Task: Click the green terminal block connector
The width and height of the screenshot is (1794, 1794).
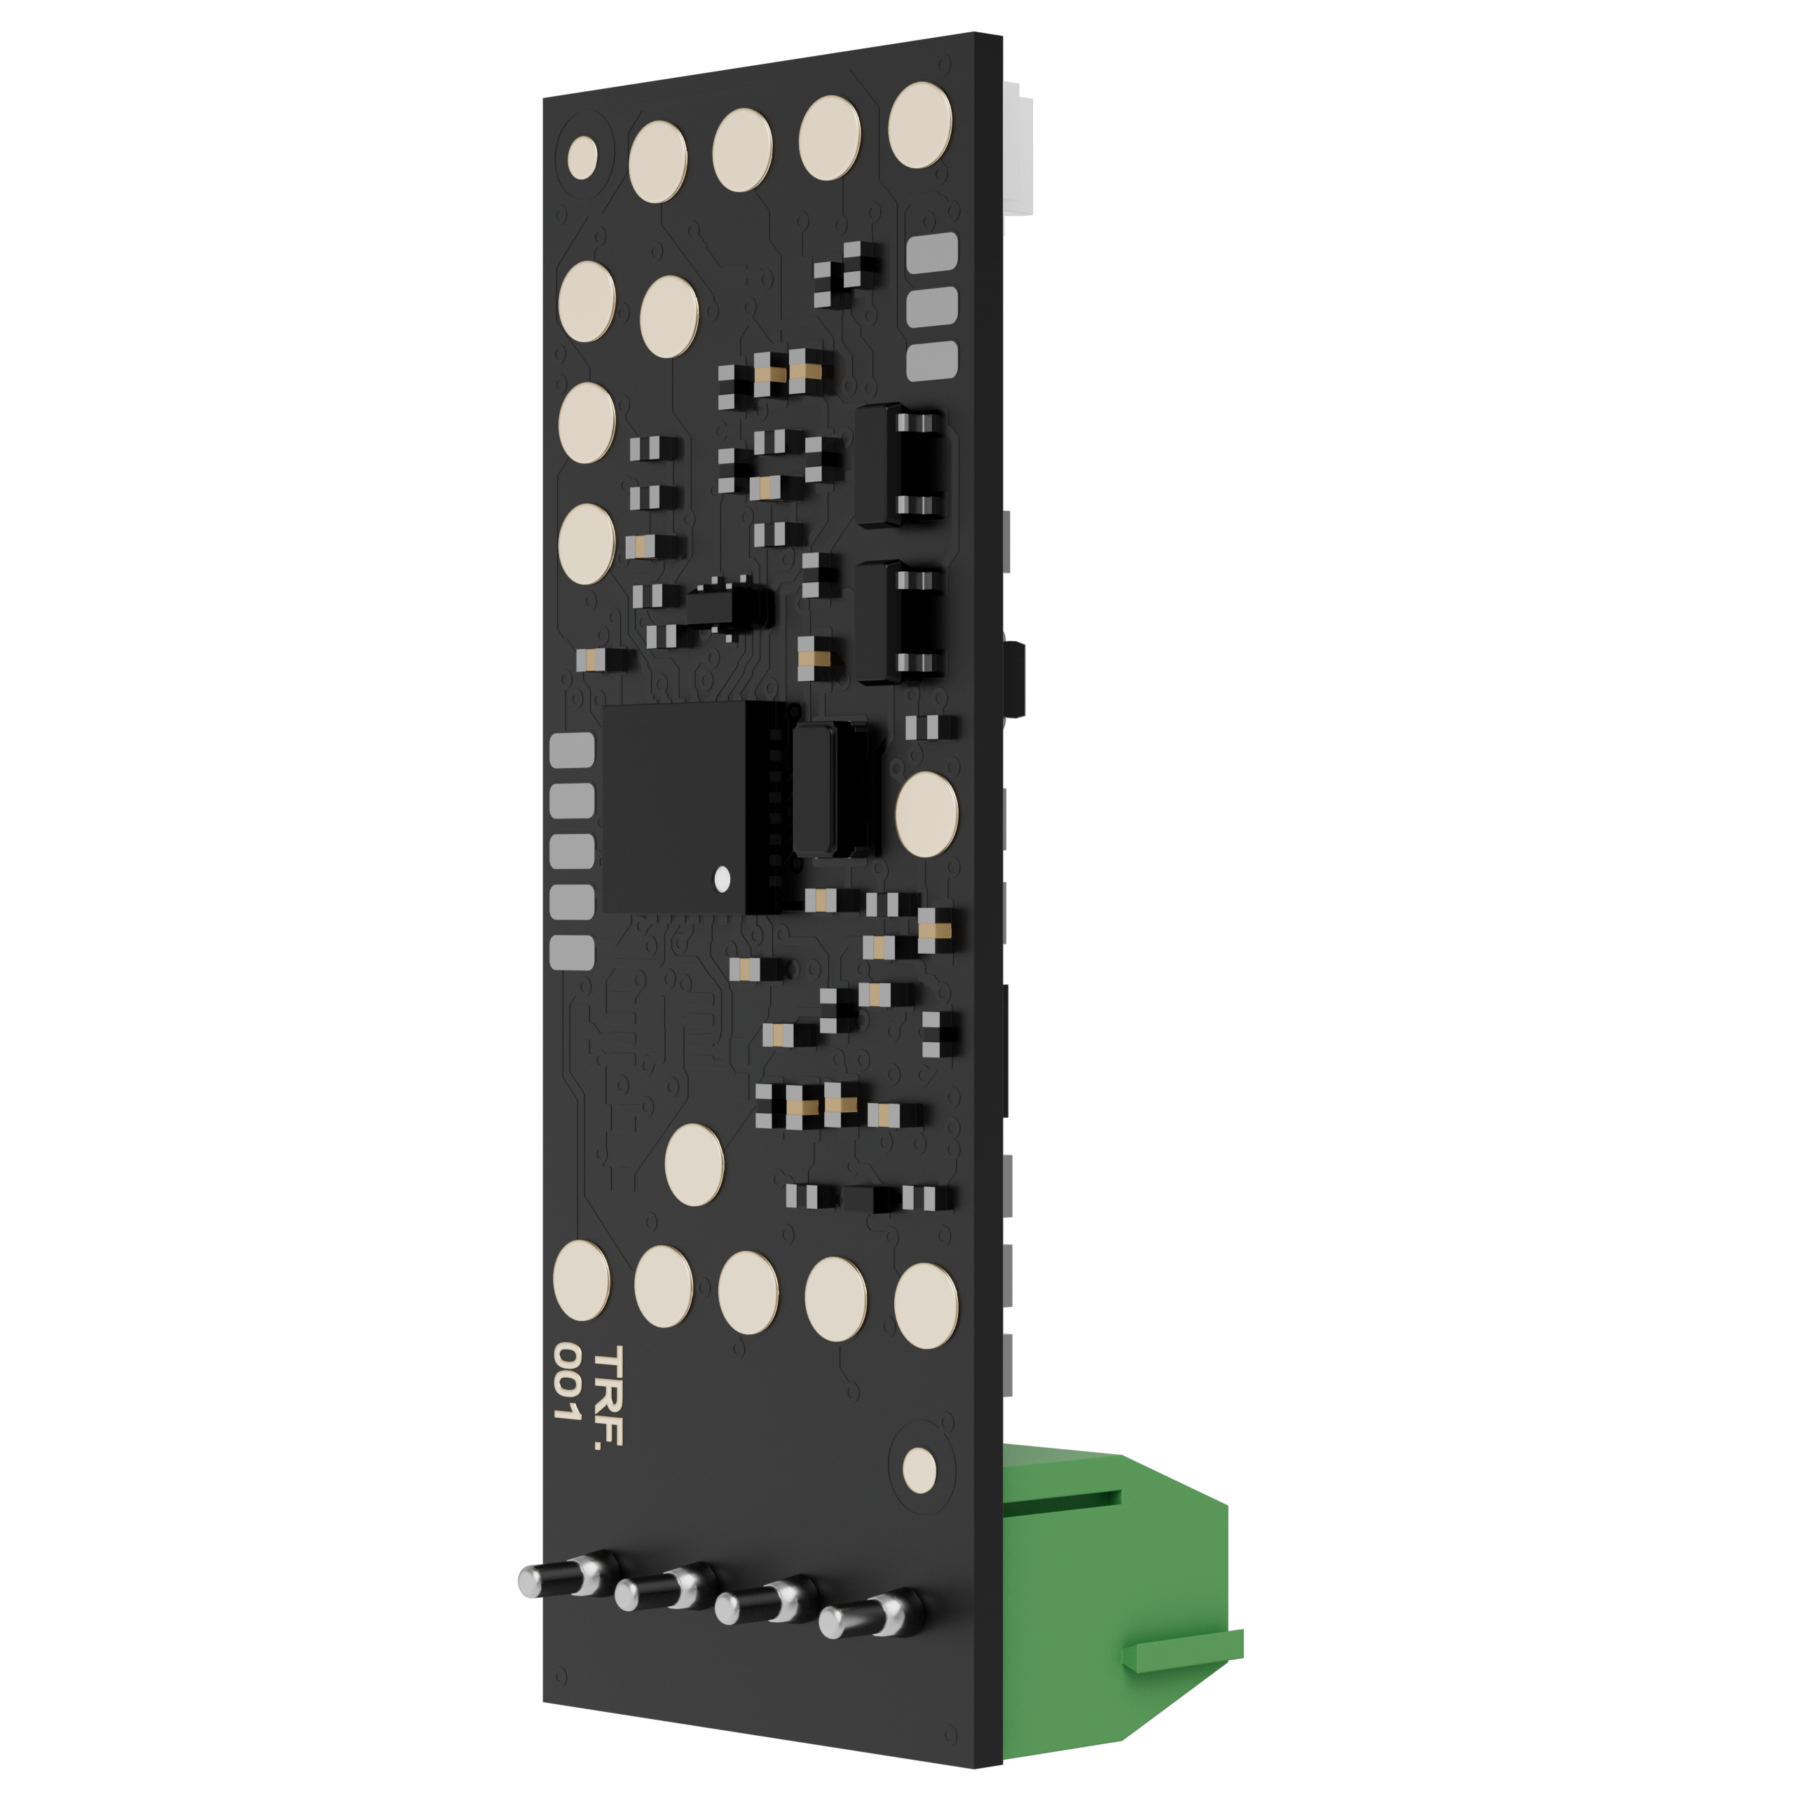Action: tap(1114, 1597)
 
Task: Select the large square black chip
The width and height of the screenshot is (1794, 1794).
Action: tap(675, 807)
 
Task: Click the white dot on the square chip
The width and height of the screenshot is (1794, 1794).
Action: tap(722, 878)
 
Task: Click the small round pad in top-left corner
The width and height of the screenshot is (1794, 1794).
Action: tap(582, 158)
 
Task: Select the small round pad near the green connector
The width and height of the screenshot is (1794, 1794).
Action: tap(919, 1470)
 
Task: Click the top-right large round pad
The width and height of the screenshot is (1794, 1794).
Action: tap(919, 125)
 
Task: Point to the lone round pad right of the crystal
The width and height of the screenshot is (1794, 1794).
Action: tap(926, 814)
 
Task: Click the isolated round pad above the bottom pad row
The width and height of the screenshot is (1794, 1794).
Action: tap(694, 1165)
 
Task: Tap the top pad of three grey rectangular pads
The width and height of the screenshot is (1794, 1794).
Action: tap(931, 252)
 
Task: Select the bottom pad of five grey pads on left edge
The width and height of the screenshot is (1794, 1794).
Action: tap(572, 952)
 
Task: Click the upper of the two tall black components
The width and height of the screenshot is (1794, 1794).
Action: tap(899, 465)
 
